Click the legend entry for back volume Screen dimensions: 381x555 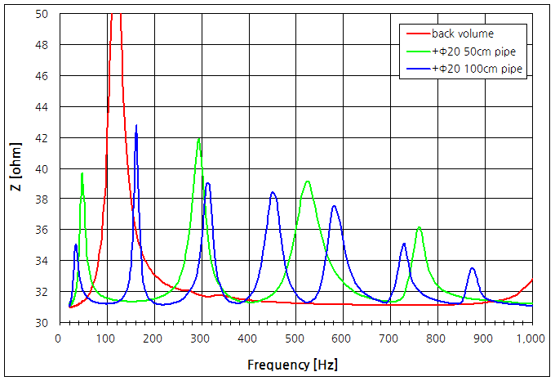point(462,34)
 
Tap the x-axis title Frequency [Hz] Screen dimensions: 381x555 point(295,363)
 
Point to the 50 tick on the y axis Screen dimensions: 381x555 point(42,15)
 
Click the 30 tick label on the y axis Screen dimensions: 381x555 point(42,322)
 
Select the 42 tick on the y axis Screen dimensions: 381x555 point(42,137)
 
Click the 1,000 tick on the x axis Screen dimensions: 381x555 point(531,337)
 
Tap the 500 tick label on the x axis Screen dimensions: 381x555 point(295,337)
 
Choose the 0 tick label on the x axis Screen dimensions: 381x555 point(58,337)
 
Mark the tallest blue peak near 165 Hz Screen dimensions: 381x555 point(136,126)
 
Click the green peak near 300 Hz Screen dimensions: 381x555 point(199,139)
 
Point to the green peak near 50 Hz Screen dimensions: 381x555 point(82,173)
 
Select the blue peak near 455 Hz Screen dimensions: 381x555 point(273,192)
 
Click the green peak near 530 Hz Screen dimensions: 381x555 point(308,182)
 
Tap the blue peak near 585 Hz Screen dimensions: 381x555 point(334,206)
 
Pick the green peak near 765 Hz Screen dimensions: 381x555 point(419,227)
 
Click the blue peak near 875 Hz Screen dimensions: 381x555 point(472,268)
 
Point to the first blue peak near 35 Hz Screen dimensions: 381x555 point(76,244)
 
